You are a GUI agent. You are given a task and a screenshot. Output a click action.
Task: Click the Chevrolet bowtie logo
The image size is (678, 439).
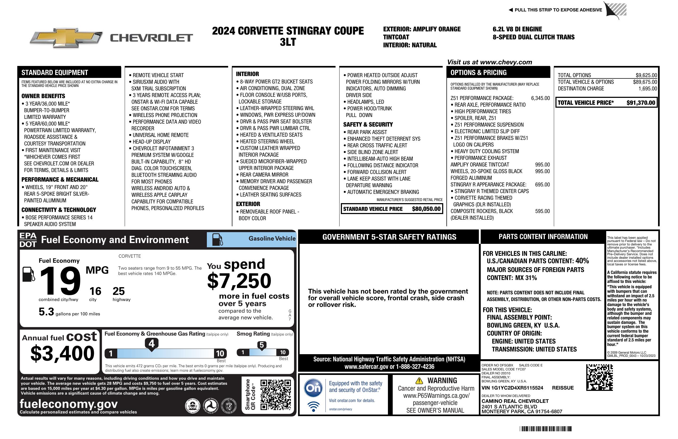(x=66, y=37)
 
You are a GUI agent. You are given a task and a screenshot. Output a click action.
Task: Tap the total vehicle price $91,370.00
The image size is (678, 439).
(x=641, y=103)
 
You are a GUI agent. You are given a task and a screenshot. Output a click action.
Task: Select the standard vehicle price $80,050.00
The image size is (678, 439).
(x=426, y=209)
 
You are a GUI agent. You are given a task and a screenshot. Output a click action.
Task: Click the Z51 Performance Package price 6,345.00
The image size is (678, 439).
(x=540, y=98)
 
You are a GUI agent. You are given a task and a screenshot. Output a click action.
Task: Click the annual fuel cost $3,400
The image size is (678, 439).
(x=62, y=353)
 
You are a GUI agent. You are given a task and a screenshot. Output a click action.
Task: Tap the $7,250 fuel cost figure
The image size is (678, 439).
(x=239, y=281)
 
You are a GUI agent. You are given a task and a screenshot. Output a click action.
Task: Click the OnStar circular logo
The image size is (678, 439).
(x=313, y=388)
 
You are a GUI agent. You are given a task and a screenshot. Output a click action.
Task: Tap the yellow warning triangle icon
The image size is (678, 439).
(x=419, y=381)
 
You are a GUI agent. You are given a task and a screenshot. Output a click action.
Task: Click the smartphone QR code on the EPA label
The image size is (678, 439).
(x=276, y=395)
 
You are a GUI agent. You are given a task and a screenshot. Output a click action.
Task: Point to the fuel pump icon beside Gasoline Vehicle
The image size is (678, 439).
(x=217, y=239)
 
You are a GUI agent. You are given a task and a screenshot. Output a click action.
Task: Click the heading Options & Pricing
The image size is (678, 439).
(x=478, y=73)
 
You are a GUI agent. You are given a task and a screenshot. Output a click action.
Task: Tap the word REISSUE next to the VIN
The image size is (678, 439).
(x=563, y=388)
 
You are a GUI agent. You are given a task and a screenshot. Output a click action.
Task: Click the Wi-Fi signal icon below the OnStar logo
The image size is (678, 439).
(x=313, y=407)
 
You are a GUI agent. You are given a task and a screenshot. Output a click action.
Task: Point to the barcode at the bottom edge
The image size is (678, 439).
(x=545, y=429)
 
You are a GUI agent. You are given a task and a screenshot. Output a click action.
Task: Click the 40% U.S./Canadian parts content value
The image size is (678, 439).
(x=582, y=261)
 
